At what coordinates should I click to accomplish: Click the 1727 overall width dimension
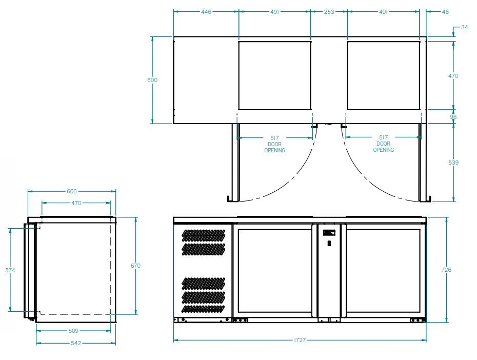click(301, 340)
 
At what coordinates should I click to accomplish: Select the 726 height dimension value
click(447, 270)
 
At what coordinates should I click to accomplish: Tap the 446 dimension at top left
click(206, 11)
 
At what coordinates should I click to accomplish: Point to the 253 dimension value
click(329, 11)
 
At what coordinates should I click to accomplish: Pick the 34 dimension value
click(464, 27)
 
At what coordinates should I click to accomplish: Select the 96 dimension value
click(453, 117)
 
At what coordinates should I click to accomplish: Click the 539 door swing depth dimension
click(453, 163)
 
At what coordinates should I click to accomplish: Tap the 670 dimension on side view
click(135, 266)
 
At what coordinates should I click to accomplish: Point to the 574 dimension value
click(10, 270)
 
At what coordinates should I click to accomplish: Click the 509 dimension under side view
click(73, 331)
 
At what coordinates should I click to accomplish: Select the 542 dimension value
click(75, 343)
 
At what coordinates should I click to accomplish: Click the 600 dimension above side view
click(72, 191)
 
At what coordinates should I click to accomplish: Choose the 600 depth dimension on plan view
click(152, 80)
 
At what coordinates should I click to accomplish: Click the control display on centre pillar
click(329, 233)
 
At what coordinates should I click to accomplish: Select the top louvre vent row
click(204, 234)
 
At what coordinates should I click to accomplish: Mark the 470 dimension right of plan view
click(453, 76)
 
